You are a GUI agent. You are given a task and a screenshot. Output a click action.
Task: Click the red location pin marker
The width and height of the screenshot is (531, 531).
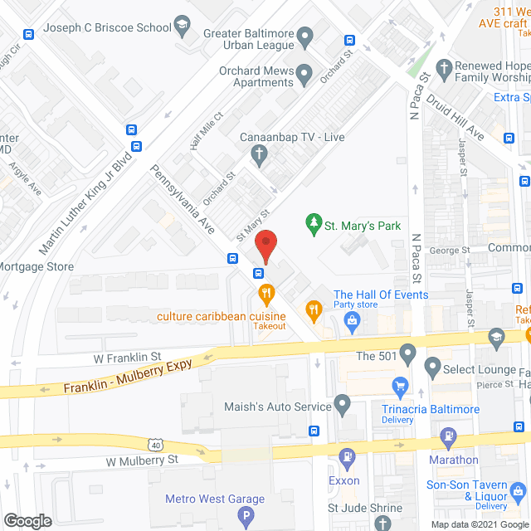click(265, 247)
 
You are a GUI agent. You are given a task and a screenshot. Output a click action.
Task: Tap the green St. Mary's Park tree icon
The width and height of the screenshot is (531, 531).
click(313, 225)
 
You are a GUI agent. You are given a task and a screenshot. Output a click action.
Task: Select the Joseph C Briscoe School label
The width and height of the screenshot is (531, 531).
click(108, 27)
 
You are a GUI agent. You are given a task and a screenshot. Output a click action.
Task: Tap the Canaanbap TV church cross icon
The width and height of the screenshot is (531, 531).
click(259, 153)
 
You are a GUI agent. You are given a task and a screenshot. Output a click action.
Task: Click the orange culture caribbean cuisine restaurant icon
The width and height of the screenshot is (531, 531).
click(266, 293)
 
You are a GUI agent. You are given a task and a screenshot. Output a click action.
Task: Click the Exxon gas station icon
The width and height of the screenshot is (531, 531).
click(347, 455)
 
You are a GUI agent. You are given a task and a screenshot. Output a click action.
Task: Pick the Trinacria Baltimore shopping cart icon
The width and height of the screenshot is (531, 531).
click(401, 385)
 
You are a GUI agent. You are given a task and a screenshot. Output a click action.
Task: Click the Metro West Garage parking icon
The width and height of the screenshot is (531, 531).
click(246, 517)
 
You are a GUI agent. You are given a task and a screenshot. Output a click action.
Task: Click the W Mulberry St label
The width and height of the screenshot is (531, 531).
click(142, 459)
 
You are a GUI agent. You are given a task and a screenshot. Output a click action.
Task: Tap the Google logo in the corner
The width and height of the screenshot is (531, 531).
click(27, 520)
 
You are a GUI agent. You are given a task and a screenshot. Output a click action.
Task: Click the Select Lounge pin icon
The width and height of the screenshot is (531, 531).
click(432, 366)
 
